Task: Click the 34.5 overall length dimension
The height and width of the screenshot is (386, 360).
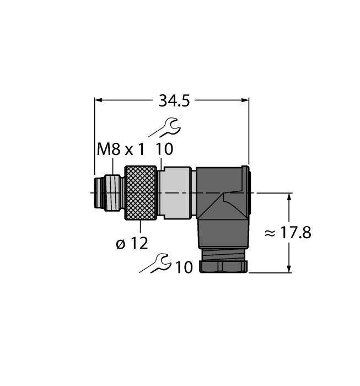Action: click(174, 101)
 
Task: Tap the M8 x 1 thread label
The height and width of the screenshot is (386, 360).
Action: click(121, 149)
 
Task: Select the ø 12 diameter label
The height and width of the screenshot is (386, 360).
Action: click(132, 243)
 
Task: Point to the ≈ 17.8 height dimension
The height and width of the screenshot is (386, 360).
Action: click(288, 233)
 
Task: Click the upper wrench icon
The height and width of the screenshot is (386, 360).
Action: click(165, 127)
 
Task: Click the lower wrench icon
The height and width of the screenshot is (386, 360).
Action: click(155, 264)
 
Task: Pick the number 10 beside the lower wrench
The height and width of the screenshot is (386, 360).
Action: click(184, 267)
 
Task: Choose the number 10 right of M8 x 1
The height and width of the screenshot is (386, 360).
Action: click(164, 149)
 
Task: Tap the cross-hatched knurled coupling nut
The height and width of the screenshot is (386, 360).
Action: click(141, 193)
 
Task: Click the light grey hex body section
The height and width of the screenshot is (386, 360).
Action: click(176, 193)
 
